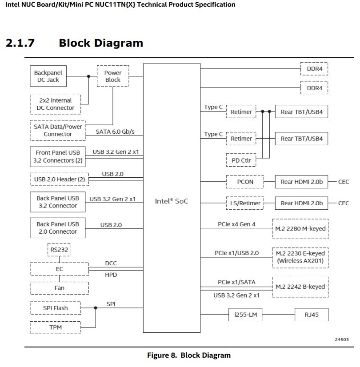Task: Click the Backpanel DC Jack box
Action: click(x=48, y=76)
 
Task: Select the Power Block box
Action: click(x=113, y=76)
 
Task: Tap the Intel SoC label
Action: click(x=172, y=201)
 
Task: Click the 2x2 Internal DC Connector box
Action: click(x=56, y=104)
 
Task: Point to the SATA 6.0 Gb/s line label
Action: click(x=115, y=132)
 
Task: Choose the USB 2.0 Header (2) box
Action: click(x=60, y=180)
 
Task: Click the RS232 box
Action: click(x=59, y=250)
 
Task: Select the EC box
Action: click(x=59, y=269)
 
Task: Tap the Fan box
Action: click(x=59, y=287)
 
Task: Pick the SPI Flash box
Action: click(x=56, y=308)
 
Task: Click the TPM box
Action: click(x=56, y=327)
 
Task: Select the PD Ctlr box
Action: click(x=241, y=159)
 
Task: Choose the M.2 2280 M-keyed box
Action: click(x=300, y=229)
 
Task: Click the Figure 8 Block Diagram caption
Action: click(x=189, y=355)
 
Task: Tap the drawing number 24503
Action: click(x=342, y=339)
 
